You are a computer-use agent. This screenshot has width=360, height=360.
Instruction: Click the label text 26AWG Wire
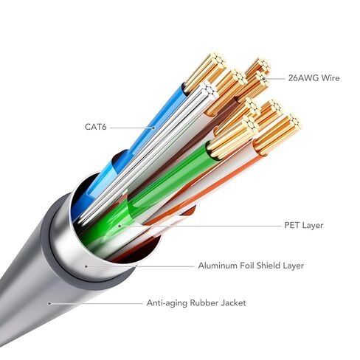click(314, 78)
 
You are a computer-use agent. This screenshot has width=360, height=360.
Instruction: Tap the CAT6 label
click(96, 127)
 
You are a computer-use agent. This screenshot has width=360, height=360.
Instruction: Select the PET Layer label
click(304, 225)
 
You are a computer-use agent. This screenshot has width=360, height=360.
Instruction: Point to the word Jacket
click(233, 302)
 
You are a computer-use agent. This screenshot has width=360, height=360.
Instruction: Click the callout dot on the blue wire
click(153, 128)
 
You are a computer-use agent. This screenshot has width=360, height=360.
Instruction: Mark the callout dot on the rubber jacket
click(49, 303)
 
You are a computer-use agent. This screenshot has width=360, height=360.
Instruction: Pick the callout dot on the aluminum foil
click(86, 266)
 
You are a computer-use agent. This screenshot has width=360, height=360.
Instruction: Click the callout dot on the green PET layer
click(120, 226)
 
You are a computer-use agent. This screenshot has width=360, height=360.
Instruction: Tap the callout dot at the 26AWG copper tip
click(263, 79)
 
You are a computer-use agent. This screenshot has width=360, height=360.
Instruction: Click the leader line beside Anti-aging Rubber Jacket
click(97, 303)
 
